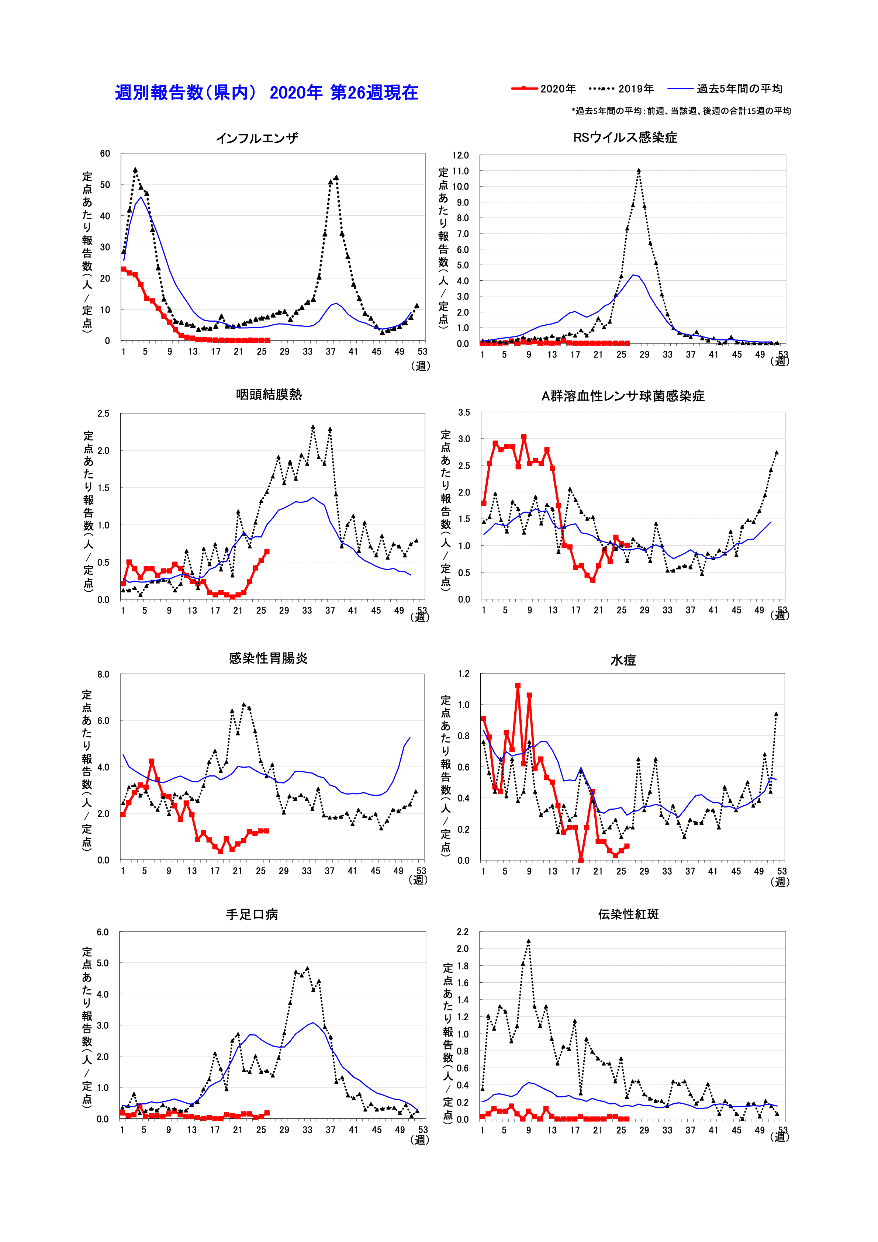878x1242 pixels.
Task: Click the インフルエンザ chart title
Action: (x=257, y=138)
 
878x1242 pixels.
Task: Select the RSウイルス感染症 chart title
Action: (x=625, y=137)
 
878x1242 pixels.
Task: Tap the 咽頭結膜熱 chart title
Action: (x=269, y=394)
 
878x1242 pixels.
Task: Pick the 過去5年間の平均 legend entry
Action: (x=725, y=89)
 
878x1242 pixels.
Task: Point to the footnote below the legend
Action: (x=681, y=111)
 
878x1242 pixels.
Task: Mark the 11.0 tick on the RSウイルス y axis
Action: (x=460, y=171)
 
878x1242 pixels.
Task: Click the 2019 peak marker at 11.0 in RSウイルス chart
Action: (x=639, y=170)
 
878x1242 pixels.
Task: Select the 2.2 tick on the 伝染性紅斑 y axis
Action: (x=463, y=931)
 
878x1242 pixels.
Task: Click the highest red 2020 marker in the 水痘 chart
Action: (x=518, y=685)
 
